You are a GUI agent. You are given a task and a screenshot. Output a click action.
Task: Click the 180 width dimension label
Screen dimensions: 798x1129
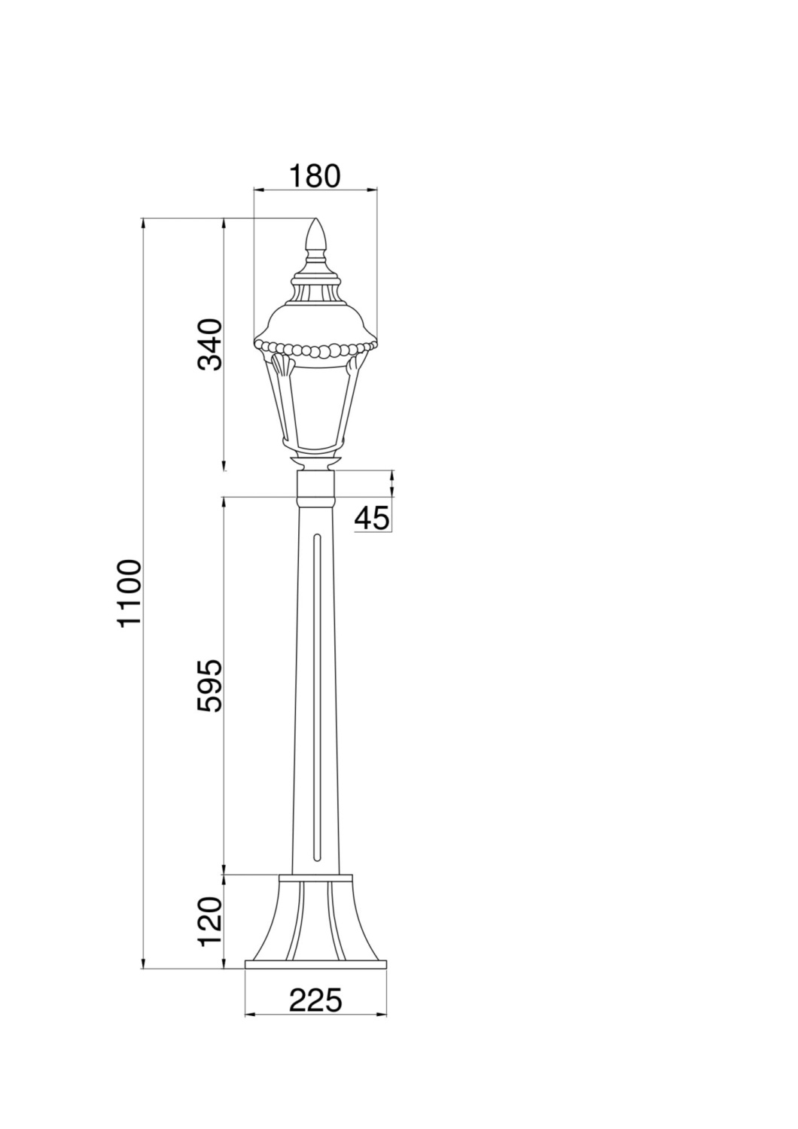click(315, 176)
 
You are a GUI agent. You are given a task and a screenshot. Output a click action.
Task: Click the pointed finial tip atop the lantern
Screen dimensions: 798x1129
click(316, 219)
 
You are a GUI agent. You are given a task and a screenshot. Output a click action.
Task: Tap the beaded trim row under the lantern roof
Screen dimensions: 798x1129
click(315, 349)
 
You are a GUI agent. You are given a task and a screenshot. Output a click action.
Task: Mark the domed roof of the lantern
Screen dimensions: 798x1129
click(315, 323)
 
